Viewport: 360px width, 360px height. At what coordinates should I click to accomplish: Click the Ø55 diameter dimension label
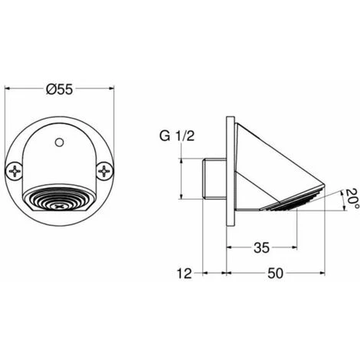[59, 90]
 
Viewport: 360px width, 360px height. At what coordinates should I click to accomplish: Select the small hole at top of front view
[59, 142]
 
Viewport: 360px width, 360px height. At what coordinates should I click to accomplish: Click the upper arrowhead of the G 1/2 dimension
[182, 159]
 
